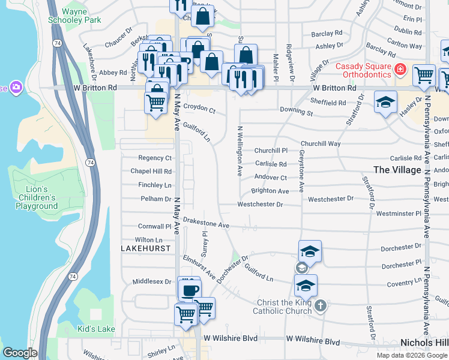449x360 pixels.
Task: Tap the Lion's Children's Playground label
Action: coord(37,197)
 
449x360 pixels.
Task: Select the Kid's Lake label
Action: coord(96,329)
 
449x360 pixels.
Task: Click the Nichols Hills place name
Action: coord(424,342)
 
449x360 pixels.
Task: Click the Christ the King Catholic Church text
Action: coord(284,307)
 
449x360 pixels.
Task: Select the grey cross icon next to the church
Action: coord(321,306)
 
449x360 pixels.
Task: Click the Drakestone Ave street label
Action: coord(206,223)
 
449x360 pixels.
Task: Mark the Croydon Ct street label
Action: coord(199,110)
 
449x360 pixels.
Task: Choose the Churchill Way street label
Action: coord(321,144)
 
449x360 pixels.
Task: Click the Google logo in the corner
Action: coord(20,353)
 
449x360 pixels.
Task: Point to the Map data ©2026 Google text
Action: coord(412,355)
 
